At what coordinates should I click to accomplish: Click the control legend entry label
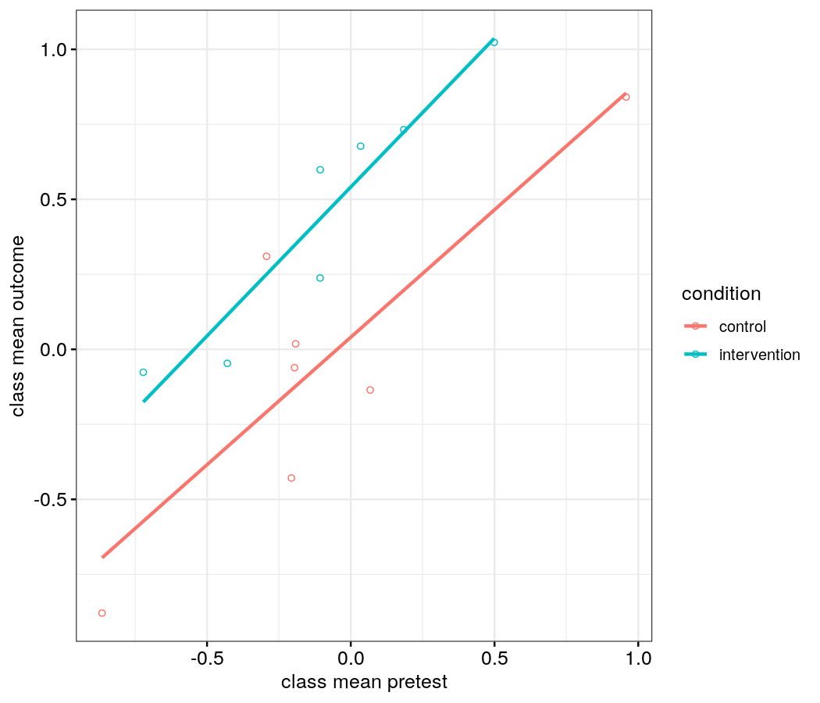742,327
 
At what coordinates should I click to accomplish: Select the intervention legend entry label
759,355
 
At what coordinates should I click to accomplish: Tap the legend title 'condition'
721,294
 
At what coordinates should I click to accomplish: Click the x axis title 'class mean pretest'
364,682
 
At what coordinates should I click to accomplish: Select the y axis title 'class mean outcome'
17,326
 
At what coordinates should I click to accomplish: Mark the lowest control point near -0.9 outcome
102,613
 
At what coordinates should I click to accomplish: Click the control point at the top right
626,97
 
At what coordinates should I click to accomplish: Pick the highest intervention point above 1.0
494,42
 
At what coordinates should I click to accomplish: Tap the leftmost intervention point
143,373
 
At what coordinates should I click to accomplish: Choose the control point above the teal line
266,256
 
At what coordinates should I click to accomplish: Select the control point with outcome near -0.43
291,478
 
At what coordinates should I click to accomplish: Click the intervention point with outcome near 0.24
320,278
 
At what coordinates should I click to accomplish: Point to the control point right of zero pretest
370,390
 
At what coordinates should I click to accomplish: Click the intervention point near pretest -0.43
227,363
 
